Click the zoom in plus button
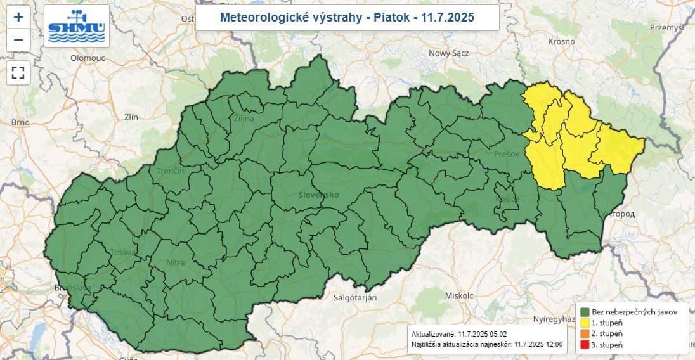tap(18, 17)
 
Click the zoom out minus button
tap(18, 40)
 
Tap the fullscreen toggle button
tap(18, 72)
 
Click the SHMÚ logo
tap(77, 26)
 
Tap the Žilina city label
tap(244, 119)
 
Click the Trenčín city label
tap(171, 171)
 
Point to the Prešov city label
tap(507, 154)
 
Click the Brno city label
tap(20, 122)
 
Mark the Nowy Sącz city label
tap(449, 53)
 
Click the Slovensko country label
tap(319, 195)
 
